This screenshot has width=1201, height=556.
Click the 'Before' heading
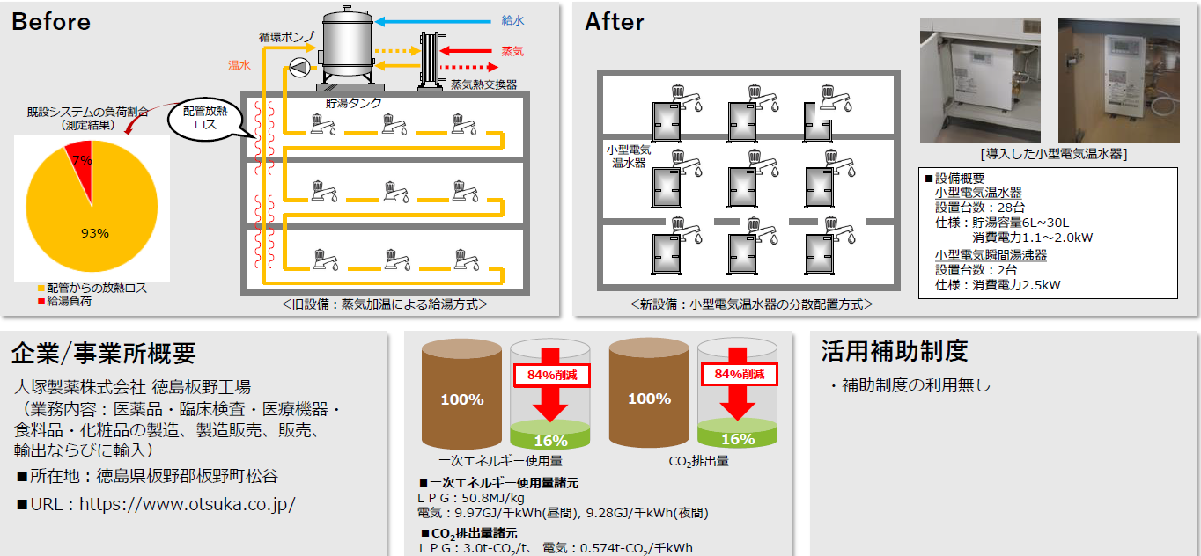51,22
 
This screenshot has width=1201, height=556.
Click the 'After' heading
615,22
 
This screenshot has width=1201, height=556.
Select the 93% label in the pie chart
94,233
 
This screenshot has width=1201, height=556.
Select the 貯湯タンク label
355,103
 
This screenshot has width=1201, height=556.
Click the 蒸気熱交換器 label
483,85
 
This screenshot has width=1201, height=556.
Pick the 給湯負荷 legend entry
69,301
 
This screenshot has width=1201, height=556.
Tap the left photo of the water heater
979,81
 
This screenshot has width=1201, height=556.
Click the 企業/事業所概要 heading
103,354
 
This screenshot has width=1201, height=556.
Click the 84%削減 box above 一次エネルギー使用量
551,374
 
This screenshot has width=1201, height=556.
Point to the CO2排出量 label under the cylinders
698,460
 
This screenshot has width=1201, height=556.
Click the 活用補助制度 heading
894,352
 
